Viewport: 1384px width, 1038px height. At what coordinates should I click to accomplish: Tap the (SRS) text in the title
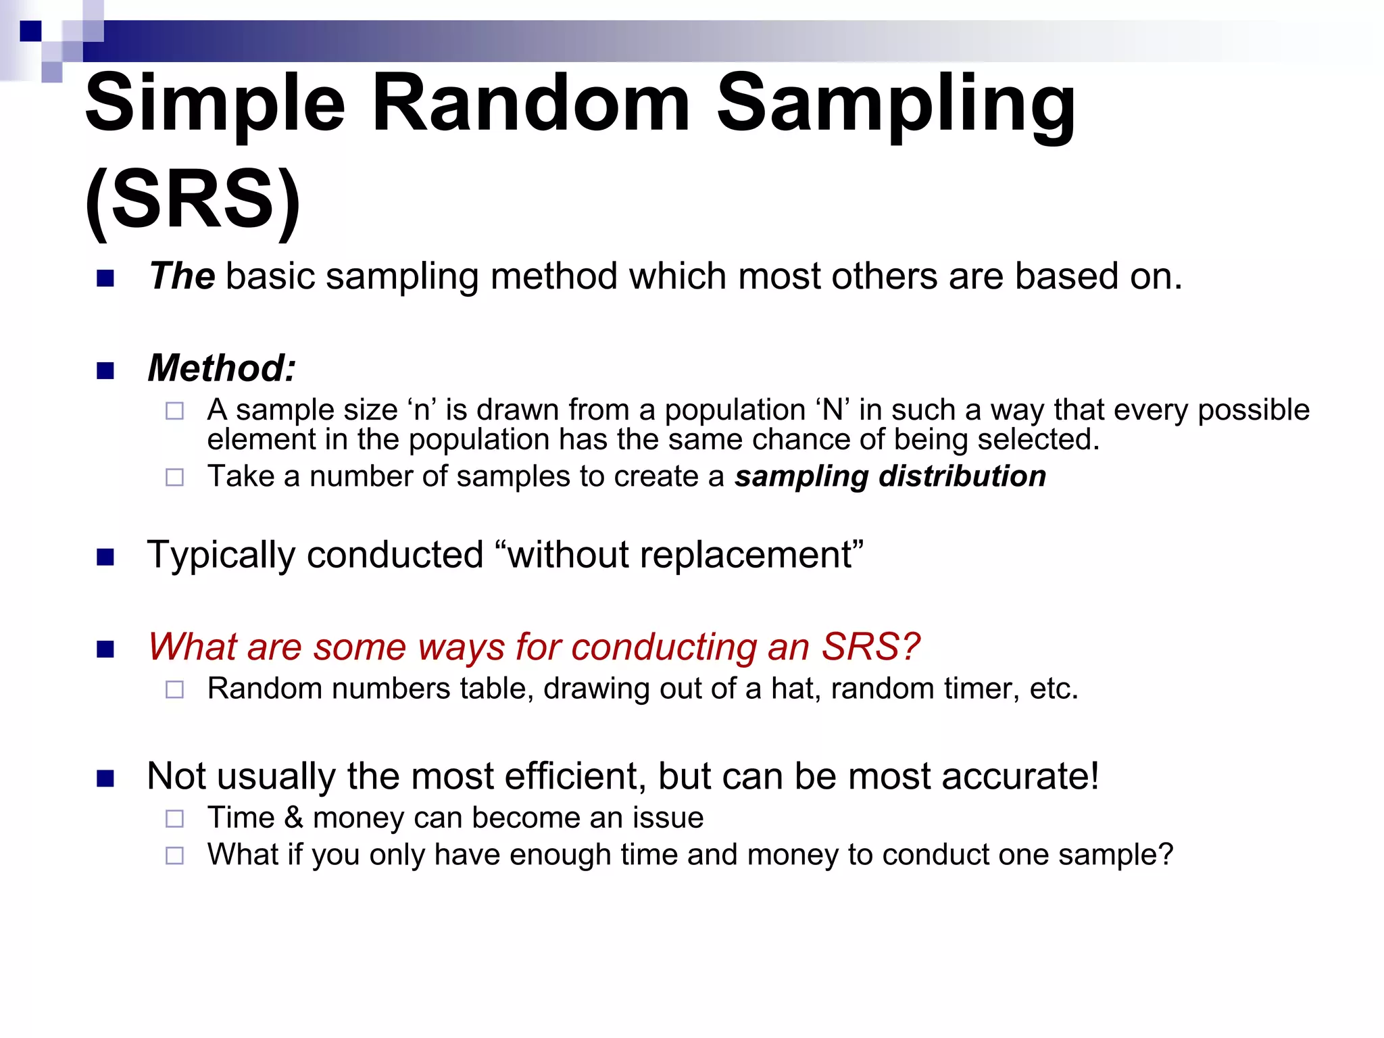(x=193, y=200)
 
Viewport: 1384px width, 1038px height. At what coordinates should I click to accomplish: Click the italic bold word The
(x=182, y=276)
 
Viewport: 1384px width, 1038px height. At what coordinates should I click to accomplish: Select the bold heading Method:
(x=222, y=368)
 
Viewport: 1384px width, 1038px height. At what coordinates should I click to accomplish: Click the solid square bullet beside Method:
(x=105, y=370)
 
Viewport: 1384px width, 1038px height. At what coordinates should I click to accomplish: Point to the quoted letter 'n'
(x=422, y=410)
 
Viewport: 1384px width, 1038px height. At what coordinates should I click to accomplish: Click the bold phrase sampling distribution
(x=890, y=476)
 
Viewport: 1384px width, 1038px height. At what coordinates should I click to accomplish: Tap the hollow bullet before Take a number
(x=174, y=478)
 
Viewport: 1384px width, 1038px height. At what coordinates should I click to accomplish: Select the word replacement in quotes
(x=747, y=555)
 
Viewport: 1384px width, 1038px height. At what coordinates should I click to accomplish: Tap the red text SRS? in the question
(x=870, y=647)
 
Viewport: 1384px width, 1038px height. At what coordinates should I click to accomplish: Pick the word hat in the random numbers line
(x=795, y=689)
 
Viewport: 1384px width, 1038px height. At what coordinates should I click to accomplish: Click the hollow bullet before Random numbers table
(x=174, y=690)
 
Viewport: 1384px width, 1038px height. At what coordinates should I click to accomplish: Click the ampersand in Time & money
(x=293, y=818)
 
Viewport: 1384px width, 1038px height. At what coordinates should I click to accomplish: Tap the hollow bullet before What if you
(x=174, y=856)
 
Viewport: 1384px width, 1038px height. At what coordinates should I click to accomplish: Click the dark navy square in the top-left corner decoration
(x=31, y=31)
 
